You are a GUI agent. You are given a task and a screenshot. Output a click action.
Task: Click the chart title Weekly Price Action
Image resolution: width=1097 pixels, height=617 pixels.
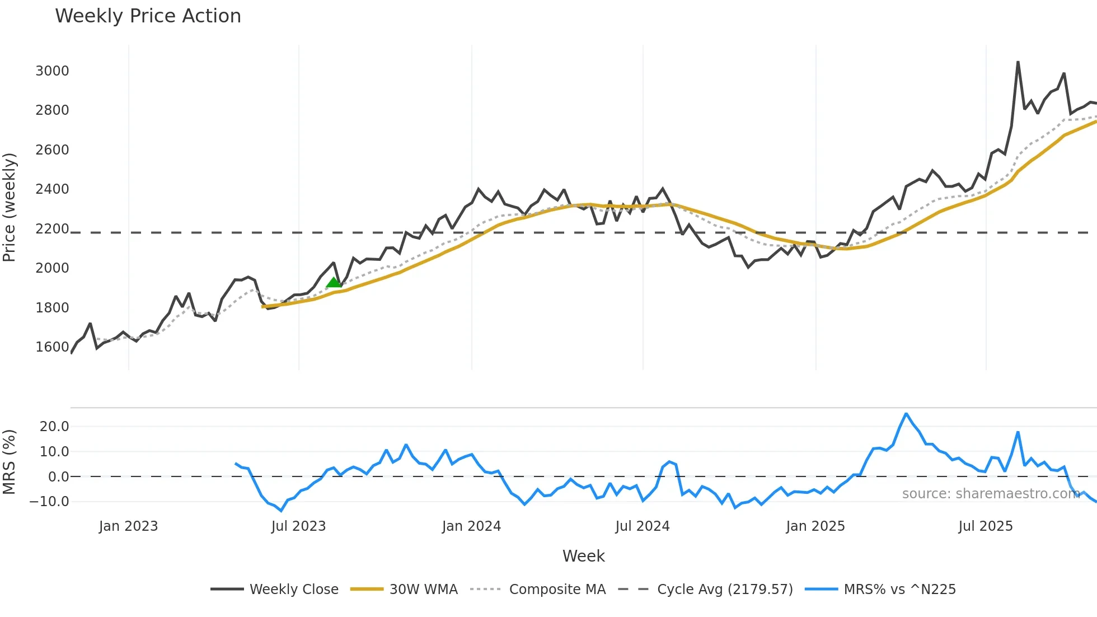coord(148,16)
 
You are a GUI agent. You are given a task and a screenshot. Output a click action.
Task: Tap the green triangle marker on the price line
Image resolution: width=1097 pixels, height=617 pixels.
coord(334,282)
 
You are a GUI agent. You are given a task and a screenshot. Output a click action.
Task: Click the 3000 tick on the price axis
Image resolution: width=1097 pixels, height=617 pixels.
coord(52,71)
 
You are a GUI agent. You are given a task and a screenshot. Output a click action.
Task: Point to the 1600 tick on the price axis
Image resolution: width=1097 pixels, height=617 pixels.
coord(52,347)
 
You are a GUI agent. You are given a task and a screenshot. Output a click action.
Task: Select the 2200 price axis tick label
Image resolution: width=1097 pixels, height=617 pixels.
coord(52,229)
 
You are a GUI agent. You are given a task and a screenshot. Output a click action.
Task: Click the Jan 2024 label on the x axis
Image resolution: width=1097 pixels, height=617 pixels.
coord(471,526)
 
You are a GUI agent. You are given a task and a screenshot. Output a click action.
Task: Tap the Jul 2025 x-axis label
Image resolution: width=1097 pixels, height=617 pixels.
coord(985,526)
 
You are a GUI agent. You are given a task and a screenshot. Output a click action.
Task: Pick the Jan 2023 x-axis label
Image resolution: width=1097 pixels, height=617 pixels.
coord(128,526)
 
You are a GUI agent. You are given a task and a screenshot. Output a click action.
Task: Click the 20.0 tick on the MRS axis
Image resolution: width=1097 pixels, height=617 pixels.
coord(54,427)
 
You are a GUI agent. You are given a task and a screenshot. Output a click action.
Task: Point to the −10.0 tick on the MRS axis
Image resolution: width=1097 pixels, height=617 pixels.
coord(49,502)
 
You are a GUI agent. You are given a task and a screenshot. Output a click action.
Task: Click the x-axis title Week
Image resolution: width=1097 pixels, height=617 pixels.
coord(583,556)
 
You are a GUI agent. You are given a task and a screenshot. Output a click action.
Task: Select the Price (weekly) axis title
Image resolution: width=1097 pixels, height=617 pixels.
coord(10,207)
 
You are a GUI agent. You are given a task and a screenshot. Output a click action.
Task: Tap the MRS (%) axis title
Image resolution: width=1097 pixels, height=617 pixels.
coord(10,462)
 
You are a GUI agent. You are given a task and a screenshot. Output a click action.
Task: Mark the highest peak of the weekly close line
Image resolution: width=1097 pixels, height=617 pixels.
coord(1018,62)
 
